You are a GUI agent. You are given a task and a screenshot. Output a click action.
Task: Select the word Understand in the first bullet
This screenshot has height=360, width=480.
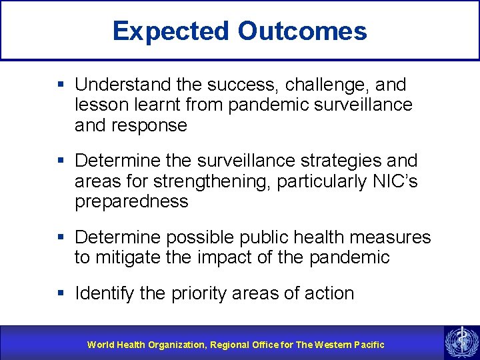coord(124,85)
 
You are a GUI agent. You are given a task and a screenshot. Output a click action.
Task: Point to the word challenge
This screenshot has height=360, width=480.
coord(315,85)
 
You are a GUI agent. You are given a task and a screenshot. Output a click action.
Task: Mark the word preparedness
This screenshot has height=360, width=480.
coord(131,201)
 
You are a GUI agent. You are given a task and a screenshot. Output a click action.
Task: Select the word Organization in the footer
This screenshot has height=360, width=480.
coord(175,345)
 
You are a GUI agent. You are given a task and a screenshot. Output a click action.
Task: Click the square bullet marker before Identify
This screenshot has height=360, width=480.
coord(61,293)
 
